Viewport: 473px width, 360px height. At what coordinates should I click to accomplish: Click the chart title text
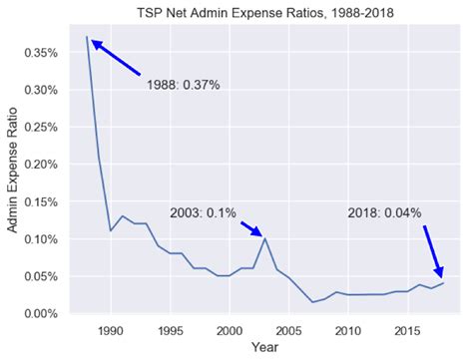(x=264, y=12)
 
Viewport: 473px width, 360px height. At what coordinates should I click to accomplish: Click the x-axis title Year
(x=264, y=348)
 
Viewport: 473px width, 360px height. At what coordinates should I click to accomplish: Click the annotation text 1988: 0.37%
(x=183, y=85)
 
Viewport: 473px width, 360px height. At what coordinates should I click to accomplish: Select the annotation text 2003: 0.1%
(x=203, y=213)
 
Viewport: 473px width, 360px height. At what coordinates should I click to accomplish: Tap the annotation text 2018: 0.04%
(x=384, y=213)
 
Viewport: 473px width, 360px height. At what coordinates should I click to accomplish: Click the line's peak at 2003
(x=264, y=238)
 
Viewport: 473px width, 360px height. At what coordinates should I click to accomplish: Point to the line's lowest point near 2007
(x=312, y=302)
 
